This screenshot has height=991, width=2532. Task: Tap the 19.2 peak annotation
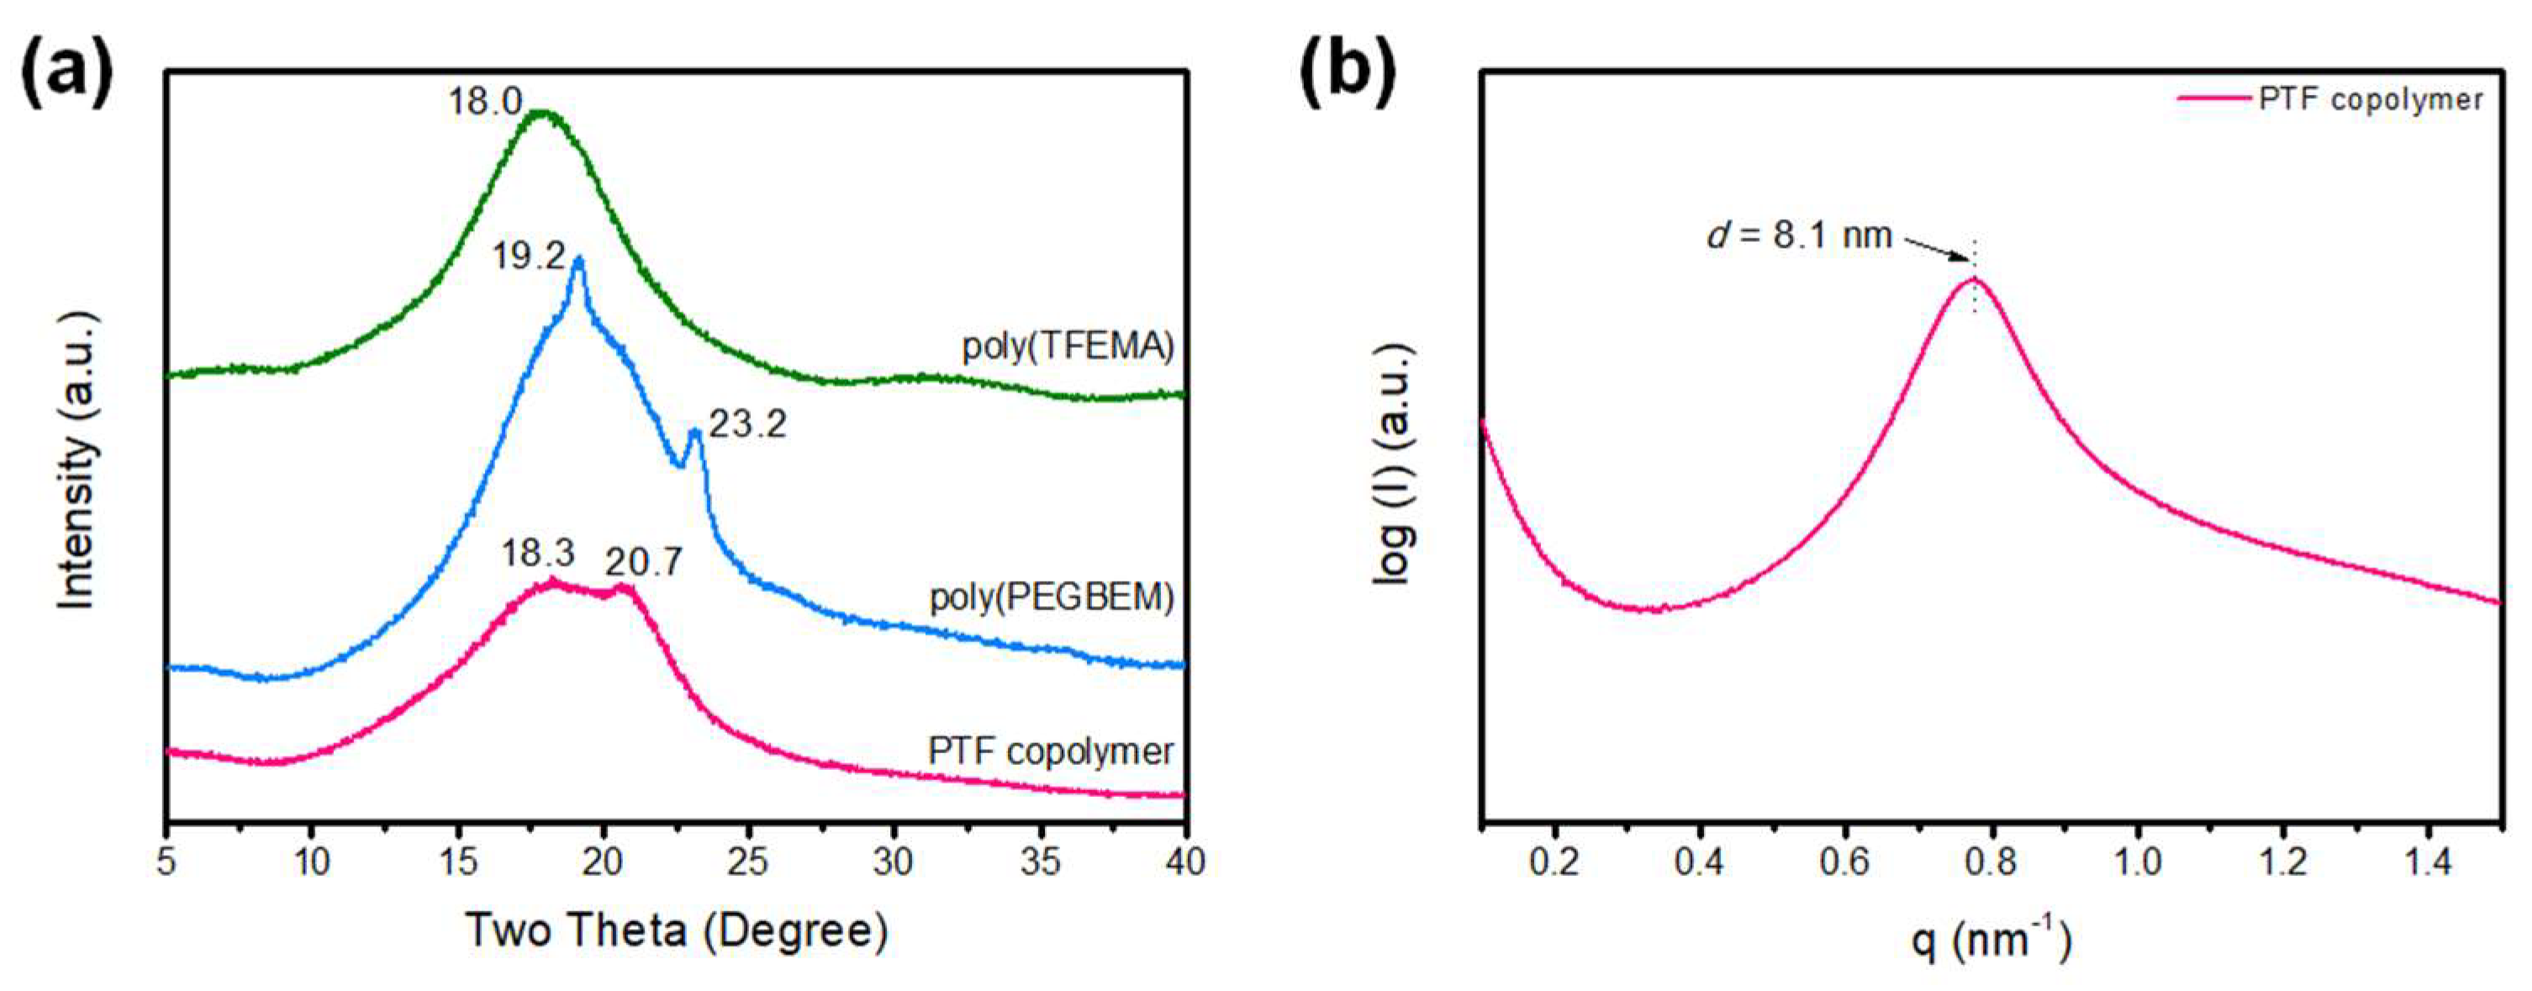click(529, 256)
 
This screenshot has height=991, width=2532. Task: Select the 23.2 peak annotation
click(748, 424)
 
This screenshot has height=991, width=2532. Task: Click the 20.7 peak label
click(643, 562)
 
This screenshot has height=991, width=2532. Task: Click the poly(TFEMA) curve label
click(1068, 347)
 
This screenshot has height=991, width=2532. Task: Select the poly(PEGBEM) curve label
click(1052, 597)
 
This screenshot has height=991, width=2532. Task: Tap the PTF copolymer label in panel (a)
click(1051, 751)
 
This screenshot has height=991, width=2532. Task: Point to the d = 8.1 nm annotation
click(1799, 236)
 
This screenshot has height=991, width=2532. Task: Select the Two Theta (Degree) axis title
click(676, 930)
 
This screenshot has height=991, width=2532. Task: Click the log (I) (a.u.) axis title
click(1394, 464)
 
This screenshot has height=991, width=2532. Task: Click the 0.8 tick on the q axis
click(1991, 863)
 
